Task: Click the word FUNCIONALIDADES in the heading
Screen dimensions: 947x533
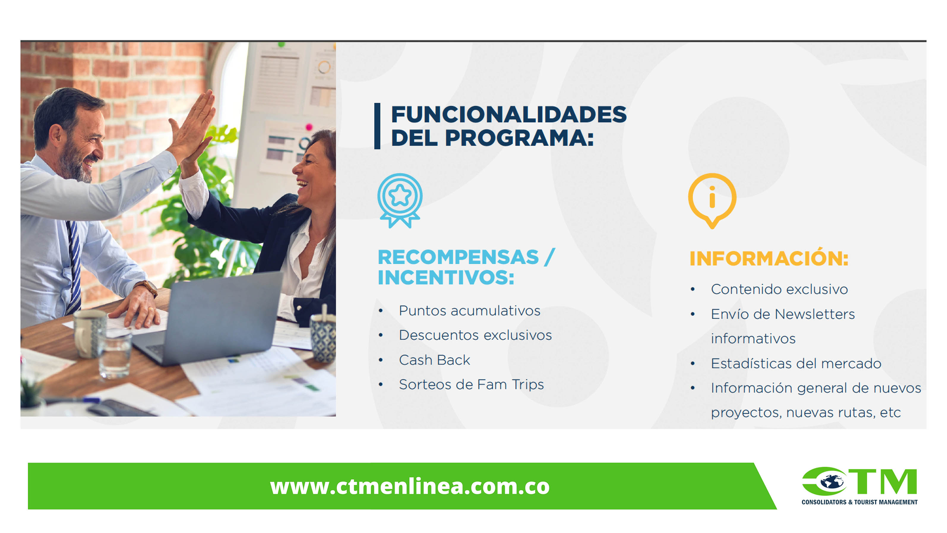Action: (x=509, y=114)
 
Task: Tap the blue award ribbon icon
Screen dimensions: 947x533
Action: (x=400, y=201)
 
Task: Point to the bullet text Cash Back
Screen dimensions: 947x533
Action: (x=434, y=360)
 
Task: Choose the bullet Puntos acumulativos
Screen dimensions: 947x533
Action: (x=469, y=311)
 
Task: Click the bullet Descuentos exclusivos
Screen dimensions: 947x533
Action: (x=475, y=335)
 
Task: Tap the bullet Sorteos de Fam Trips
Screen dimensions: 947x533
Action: (x=471, y=385)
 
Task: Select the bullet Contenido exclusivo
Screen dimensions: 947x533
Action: (x=779, y=289)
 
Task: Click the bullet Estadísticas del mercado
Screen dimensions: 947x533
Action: (x=796, y=363)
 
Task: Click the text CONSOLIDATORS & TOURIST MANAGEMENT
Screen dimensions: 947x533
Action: (x=859, y=502)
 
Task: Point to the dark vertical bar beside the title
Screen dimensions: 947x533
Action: (x=377, y=126)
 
